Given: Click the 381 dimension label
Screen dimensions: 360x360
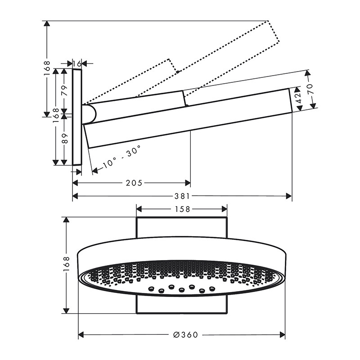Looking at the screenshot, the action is click(182, 196).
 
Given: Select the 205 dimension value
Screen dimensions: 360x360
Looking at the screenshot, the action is click(134, 183).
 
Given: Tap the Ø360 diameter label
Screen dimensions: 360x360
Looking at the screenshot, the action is click(185, 335).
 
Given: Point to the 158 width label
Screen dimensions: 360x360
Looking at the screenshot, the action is click(182, 209).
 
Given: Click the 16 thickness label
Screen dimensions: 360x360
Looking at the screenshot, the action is click(77, 63).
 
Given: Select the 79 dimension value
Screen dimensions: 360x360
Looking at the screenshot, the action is click(64, 90).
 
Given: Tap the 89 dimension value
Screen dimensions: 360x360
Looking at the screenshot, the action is click(65, 138).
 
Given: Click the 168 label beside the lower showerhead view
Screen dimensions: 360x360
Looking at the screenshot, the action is click(66, 265).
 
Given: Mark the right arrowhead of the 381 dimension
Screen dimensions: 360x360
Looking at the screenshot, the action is click(289, 196).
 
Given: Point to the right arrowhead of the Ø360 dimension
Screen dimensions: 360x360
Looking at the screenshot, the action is click(282, 335).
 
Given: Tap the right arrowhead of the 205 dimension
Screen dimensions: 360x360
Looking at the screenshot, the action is click(188, 183).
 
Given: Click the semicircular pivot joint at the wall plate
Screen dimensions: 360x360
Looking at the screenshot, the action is click(89, 114).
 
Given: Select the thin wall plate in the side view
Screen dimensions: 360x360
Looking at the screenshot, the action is click(77, 117).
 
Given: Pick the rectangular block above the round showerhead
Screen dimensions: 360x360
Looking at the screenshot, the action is click(182, 227).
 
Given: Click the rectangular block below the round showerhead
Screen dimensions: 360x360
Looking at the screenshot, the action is click(182, 305).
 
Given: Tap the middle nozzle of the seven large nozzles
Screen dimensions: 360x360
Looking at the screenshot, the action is click(182, 290).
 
